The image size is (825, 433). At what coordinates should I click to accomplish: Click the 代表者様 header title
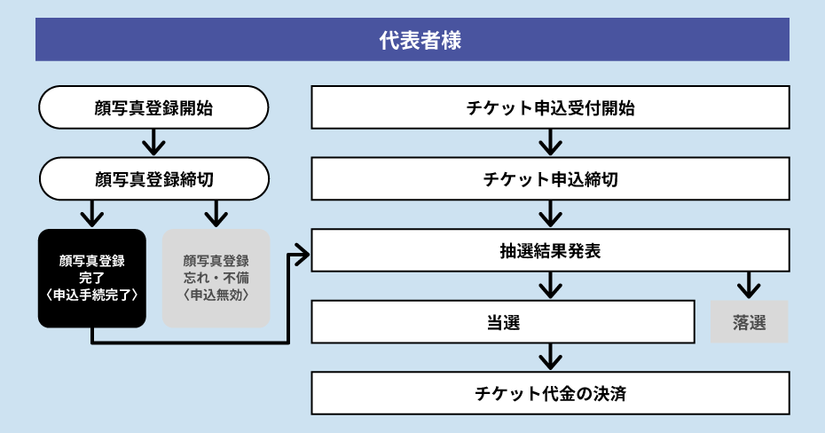(x=412, y=40)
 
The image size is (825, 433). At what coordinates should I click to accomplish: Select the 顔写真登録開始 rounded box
(x=153, y=107)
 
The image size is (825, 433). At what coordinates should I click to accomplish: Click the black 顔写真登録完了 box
(x=91, y=278)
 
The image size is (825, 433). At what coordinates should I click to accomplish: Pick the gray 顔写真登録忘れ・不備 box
(x=216, y=278)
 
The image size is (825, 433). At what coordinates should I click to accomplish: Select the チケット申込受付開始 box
(x=550, y=107)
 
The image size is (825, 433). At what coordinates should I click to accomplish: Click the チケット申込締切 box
(x=550, y=179)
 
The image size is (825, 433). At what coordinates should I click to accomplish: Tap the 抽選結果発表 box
(x=550, y=250)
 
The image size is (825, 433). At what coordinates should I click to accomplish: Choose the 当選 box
(x=503, y=322)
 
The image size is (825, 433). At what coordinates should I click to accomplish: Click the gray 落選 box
(x=750, y=322)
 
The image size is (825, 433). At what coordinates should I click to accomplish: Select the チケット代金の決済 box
(x=550, y=393)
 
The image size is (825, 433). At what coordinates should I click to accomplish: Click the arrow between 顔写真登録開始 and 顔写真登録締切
(x=153, y=143)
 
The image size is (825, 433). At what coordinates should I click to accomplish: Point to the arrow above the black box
(x=91, y=214)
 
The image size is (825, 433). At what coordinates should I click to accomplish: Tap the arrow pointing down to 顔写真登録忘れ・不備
(x=216, y=214)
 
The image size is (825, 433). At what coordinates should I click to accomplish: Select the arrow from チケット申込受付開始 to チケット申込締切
(x=550, y=143)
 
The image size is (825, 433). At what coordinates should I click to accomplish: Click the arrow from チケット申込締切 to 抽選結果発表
(x=550, y=214)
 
